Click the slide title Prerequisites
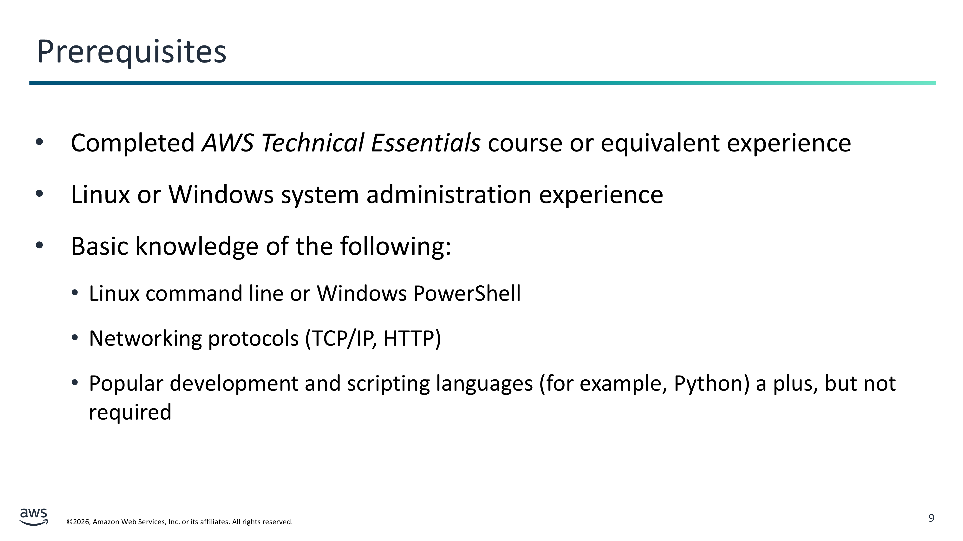(x=132, y=52)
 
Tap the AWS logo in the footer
(x=34, y=517)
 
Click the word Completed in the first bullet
(x=133, y=143)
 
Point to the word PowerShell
(x=467, y=293)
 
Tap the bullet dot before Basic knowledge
(x=39, y=245)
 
